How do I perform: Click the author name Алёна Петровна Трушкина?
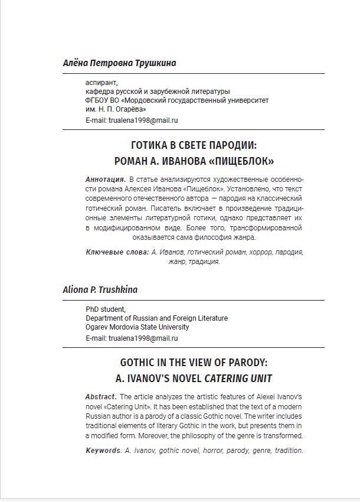point(119,63)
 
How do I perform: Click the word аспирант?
point(102,83)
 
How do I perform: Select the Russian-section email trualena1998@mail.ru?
point(143,120)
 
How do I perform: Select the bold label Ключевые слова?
point(117,252)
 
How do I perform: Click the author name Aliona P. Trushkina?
point(100,290)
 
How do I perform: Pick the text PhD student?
point(106,309)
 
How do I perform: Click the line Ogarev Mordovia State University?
point(138,327)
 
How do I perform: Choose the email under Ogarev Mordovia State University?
point(143,338)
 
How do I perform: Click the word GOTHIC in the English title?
point(140,363)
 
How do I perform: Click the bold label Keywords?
point(103,451)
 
